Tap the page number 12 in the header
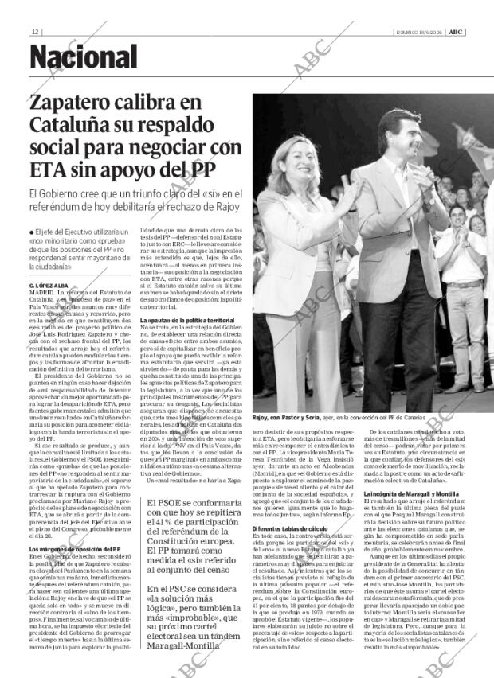pos(36,32)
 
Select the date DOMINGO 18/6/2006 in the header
pos(418,32)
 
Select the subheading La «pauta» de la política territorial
pos(186,320)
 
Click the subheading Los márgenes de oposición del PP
pos(75,549)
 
